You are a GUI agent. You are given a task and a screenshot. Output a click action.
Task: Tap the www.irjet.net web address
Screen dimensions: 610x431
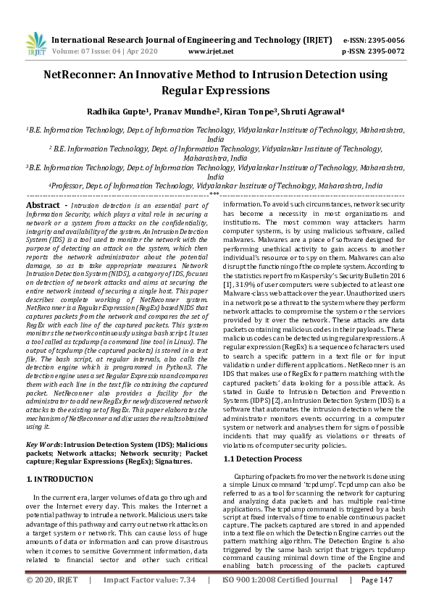pyautogui.click(x=211, y=51)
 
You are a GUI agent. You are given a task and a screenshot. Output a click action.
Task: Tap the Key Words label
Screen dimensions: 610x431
pyautogui.click(x=43, y=443)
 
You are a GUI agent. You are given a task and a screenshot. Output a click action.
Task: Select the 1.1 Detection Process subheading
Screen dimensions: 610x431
pyautogui.click(x=262, y=459)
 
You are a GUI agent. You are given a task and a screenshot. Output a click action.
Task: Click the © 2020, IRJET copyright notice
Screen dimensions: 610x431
pyautogui.click(x=51, y=600)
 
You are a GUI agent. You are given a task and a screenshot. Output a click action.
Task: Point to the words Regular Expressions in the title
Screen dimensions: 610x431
pyautogui.click(x=215, y=91)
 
